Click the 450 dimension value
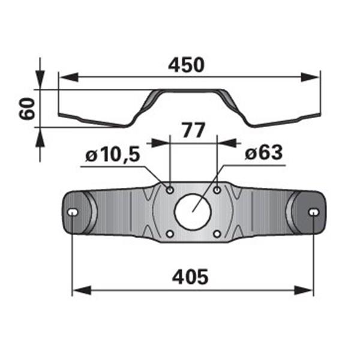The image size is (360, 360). pos(186,65)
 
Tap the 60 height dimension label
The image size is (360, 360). pos(27,108)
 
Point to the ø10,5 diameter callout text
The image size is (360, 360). pos(113,155)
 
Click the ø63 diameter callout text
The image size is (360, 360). pos(263,152)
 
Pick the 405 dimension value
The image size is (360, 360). pos(190,277)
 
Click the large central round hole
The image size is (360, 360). pos(193,212)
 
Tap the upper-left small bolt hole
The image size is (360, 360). pos(170,190)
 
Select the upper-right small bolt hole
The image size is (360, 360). pos(217,190)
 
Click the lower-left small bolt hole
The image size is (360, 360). pos(170,234)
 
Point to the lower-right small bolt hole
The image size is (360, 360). pos(217,234)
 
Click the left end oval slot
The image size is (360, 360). pos(73,212)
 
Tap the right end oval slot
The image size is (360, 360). pos(314,212)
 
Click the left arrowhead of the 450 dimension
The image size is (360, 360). pos(69,77)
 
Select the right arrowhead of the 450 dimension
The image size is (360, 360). pos(310,77)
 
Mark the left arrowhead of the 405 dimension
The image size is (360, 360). pos(82,290)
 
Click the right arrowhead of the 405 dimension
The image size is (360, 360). pos(304,290)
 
